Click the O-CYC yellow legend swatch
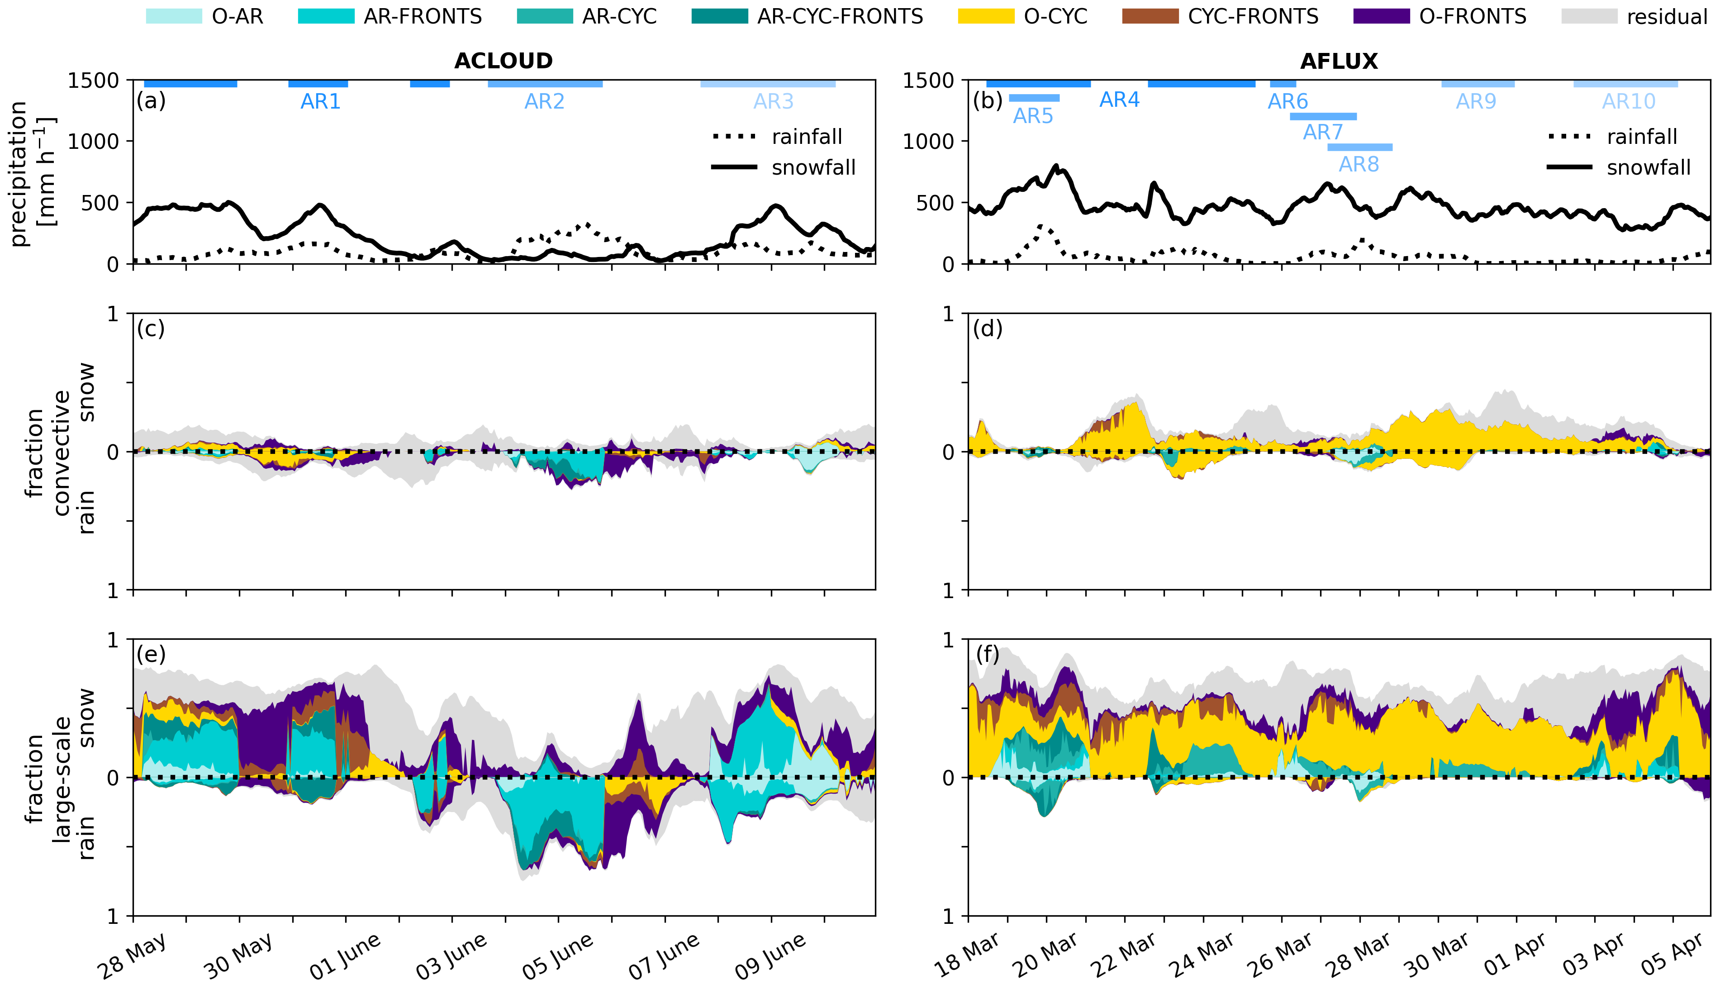(x=985, y=16)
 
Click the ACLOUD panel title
(x=503, y=61)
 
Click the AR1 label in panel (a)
(x=320, y=102)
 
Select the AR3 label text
(x=774, y=102)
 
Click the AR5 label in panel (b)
(x=1033, y=116)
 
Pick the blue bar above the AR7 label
(x=1323, y=116)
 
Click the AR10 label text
(x=1628, y=102)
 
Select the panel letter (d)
(x=987, y=329)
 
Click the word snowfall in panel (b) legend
(x=1648, y=168)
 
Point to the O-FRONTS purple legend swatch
(x=1381, y=16)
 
